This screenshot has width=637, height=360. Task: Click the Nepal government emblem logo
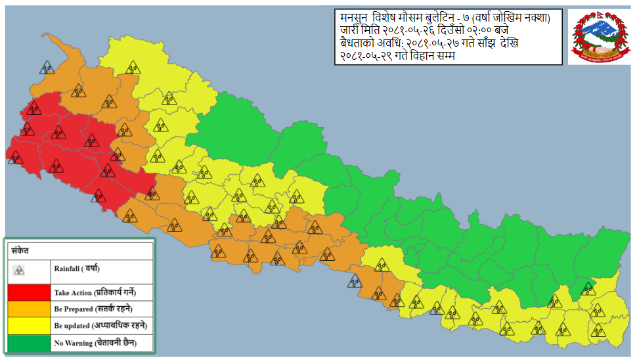(597, 37)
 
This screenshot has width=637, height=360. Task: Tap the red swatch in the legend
(29, 292)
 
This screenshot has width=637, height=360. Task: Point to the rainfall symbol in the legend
(20, 269)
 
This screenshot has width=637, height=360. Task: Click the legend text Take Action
(72, 292)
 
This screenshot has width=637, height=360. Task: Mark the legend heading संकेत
(19, 250)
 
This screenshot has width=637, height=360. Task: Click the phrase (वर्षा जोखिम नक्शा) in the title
(517, 17)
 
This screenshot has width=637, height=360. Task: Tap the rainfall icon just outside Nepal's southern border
(355, 282)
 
